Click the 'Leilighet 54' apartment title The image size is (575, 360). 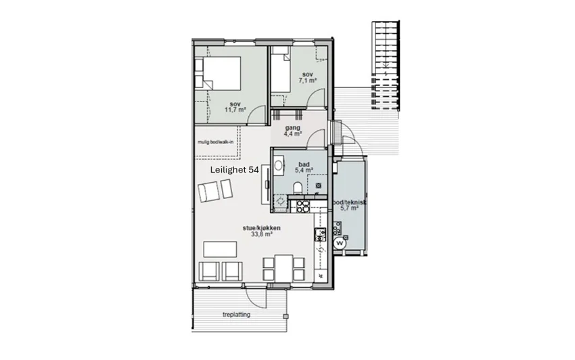234,170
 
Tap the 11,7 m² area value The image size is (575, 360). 235,110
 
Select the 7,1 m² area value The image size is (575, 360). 308,80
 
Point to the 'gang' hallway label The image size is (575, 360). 293,128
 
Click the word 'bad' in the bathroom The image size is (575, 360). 304,164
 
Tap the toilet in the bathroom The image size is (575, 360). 298,187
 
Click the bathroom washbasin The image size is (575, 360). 279,166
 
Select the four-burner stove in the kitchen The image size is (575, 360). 303,206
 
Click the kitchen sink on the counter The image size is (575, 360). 320,235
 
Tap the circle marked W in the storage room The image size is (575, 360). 340,243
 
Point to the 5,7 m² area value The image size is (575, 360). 349,208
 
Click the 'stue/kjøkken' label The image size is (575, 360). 262,228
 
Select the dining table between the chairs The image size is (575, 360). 284,268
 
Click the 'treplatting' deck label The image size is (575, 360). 237,315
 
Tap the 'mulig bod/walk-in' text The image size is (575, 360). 215,142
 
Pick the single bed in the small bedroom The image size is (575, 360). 280,73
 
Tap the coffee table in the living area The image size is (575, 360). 220,249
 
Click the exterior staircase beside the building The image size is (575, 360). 385,66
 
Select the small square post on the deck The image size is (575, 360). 285,316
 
